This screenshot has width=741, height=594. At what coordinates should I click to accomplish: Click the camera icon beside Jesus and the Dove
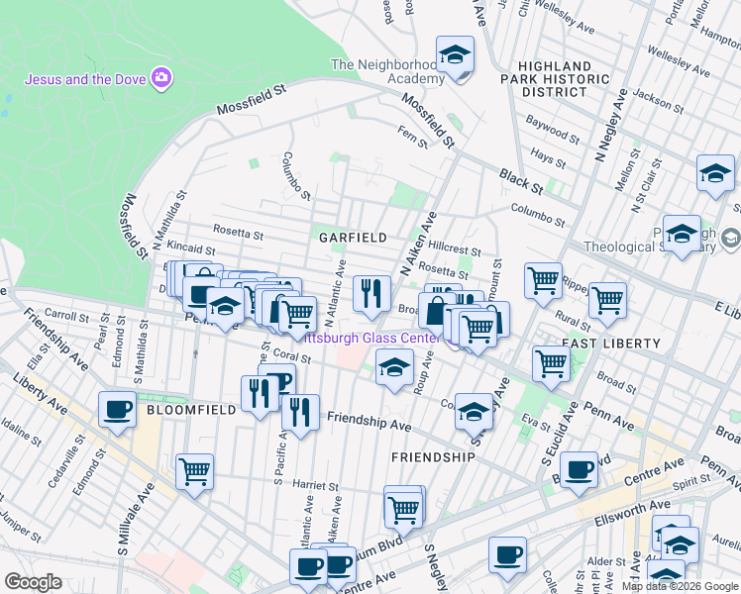point(161,78)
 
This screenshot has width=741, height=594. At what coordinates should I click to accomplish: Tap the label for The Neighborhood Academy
point(387,72)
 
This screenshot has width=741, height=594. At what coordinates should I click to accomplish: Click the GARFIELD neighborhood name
point(352,238)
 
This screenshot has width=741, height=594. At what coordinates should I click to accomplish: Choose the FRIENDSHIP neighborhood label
point(433,456)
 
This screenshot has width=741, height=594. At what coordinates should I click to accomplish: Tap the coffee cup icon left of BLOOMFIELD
point(117,409)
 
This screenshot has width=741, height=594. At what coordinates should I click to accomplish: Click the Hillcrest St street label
point(456,251)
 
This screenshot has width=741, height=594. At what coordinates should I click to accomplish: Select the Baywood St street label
point(553,128)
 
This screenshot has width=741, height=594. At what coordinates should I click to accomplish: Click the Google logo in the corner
point(33,582)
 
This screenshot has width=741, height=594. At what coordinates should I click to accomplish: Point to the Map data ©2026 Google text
point(680,586)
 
